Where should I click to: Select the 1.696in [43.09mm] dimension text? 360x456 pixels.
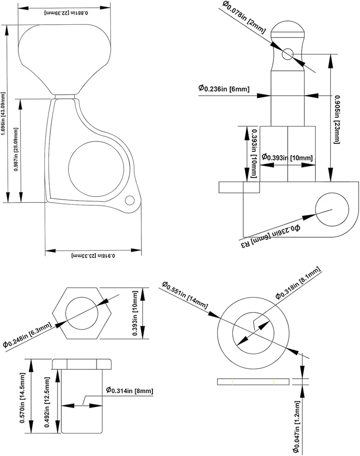pyautogui.click(x=4, y=113)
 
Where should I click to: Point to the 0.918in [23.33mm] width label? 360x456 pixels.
pyautogui.click(x=94, y=257)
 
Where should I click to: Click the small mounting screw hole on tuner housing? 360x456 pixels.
pyautogui.click(x=130, y=200)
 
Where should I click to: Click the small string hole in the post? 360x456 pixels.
pyautogui.click(x=287, y=54)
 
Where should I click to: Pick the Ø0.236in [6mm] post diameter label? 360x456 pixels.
pyautogui.click(x=224, y=88)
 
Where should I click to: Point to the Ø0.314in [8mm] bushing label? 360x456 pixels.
pyautogui.click(x=129, y=390)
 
